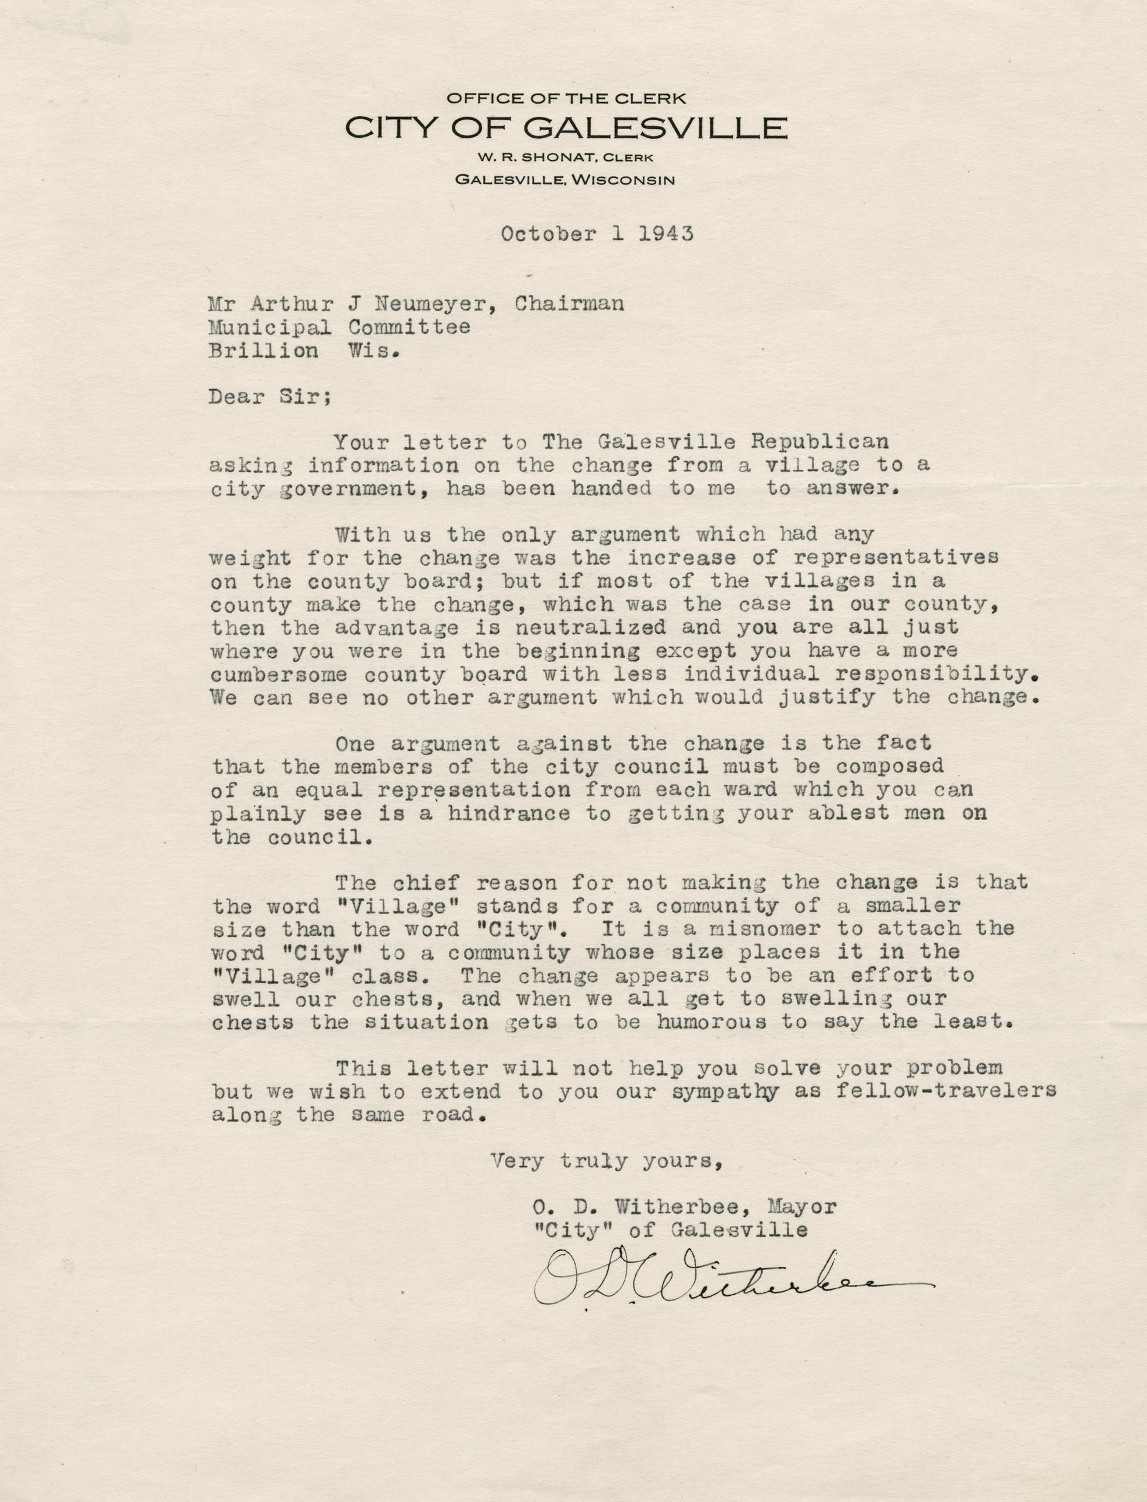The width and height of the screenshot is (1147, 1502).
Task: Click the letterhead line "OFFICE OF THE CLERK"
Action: [566, 98]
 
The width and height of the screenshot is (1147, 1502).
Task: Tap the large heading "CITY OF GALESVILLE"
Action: [566, 128]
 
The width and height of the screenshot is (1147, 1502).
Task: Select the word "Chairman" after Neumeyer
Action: [569, 303]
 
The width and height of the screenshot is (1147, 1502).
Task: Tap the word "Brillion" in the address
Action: [264, 351]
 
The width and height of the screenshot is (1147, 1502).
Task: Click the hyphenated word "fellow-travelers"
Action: [945, 1091]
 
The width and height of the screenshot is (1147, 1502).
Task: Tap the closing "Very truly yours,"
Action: [606, 1160]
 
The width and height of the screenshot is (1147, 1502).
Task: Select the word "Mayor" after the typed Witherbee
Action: [802, 1207]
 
